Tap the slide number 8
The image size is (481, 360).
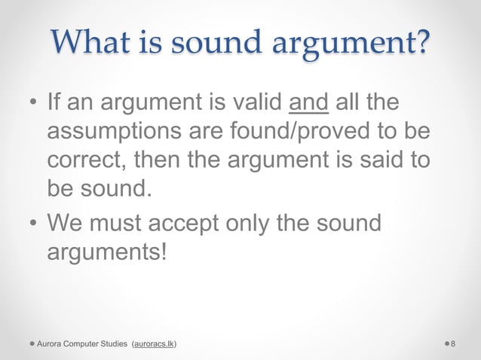(452, 344)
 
